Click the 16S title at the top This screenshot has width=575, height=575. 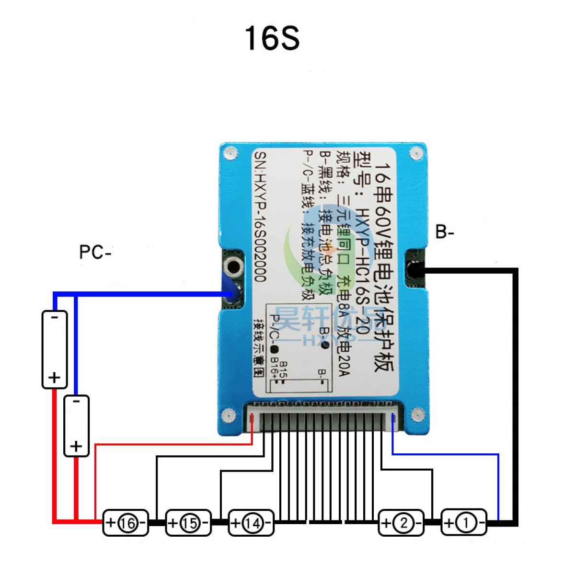(x=272, y=38)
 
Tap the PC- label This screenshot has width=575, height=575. (x=95, y=252)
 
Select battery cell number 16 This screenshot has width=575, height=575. (x=126, y=523)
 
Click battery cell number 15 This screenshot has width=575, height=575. (x=188, y=523)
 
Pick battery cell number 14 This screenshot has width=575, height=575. (x=251, y=523)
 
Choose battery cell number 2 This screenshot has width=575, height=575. (x=402, y=523)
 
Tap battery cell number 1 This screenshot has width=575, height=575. (x=464, y=523)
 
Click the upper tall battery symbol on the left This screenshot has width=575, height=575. (x=55, y=349)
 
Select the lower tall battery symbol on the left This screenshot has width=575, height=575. (x=76, y=425)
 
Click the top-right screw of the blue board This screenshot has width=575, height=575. (x=415, y=153)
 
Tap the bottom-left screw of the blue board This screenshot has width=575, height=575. (x=229, y=415)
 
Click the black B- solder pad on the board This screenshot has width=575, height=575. (x=414, y=270)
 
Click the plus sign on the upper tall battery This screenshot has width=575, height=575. (x=55, y=378)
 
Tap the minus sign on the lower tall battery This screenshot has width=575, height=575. (x=76, y=402)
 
